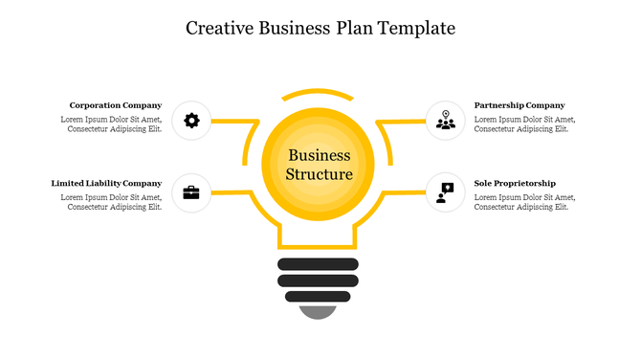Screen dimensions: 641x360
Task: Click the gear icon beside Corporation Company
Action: click(x=191, y=121)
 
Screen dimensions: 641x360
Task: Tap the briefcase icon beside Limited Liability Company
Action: click(x=191, y=192)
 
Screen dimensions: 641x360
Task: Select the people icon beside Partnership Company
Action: click(x=445, y=121)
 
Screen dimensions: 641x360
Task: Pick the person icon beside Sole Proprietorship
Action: click(x=445, y=191)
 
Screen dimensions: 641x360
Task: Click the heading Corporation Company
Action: click(x=115, y=105)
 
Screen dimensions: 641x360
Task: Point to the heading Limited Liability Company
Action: click(x=106, y=183)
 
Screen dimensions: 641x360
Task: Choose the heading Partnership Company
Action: click(x=519, y=105)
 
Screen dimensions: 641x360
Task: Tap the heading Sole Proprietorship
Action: click(x=515, y=183)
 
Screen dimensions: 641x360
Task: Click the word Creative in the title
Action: click(x=221, y=28)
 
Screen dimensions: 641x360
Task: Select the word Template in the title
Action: click(x=416, y=28)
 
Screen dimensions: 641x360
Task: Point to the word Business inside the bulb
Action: click(x=320, y=156)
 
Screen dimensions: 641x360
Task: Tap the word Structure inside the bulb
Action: click(x=320, y=174)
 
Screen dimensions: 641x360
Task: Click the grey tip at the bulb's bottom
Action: click(x=319, y=311)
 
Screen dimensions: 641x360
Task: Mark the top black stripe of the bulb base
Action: click(x=319, y=263)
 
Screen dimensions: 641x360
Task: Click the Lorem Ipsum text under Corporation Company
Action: click(x=111, y=124)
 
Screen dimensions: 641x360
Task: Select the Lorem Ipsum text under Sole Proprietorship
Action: click(x=525, y=202)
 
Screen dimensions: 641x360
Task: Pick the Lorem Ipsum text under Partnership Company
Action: click(x=525, y=124)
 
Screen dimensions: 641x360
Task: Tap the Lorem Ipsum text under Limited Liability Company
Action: click(x=111, y=202)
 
